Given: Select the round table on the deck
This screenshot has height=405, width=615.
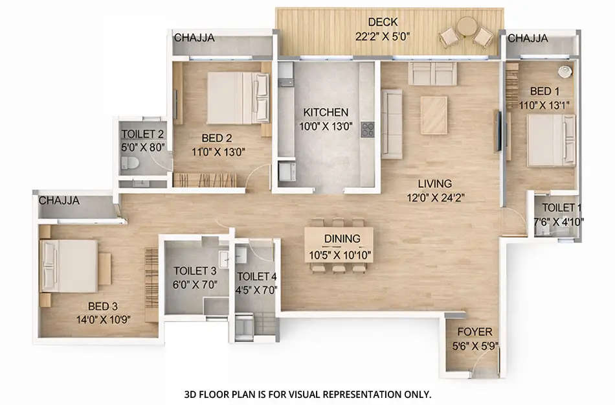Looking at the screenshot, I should point(466,27).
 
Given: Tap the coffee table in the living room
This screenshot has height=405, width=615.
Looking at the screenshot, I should point(434,115).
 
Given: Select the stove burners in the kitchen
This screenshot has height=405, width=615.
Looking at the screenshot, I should point(368,129).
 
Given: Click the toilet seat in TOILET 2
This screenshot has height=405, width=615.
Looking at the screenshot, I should point(128,163).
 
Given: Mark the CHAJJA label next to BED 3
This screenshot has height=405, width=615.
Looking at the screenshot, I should point(59,201).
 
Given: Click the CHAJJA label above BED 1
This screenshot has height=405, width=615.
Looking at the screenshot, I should point(528,38).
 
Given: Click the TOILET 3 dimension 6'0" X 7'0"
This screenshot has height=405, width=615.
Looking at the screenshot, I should point(195,284).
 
